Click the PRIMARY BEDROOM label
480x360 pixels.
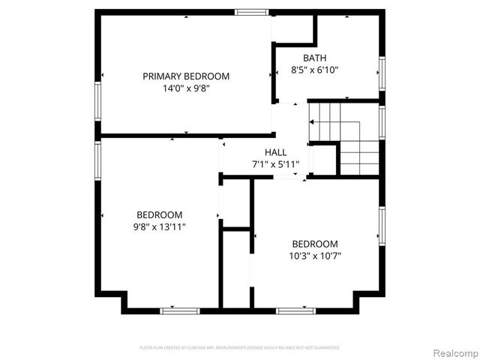tap(186, 76)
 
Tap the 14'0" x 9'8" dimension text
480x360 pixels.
tap(186, 88)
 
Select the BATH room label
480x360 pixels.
tap(315, 58)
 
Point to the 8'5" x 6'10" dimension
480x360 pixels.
tap(315, 70)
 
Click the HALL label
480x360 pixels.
tap(275, 152)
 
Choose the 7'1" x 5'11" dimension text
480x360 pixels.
tap(275, 164)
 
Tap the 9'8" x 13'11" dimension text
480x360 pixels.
tap(159, 226)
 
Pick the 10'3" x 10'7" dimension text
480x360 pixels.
tap(315, 256)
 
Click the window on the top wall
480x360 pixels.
tap(251, 12)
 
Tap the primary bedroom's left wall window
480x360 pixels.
tap(97, 100)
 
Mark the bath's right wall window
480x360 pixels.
tap(382, 73)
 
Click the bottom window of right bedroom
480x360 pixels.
tap(295, 310)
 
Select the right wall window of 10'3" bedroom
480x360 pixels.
tap(382, 226)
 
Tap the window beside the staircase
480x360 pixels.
tap(382, 124)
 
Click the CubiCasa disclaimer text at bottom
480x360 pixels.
tap(240, 348)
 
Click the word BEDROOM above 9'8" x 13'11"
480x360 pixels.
tap(159, 214)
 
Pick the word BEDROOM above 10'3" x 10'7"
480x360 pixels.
tap(315, 244)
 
